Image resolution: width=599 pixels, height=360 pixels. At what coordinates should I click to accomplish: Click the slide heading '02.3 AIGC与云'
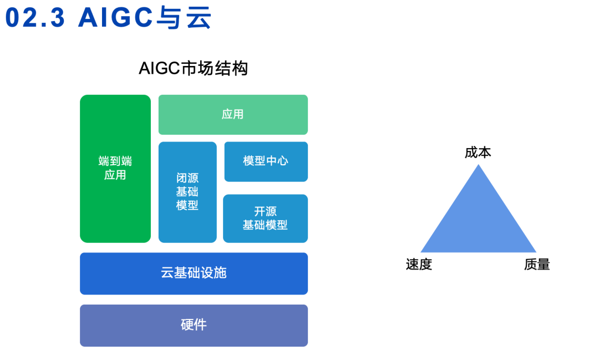coord(109,18)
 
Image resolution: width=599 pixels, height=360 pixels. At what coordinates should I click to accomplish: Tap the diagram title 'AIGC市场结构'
coord(193,69)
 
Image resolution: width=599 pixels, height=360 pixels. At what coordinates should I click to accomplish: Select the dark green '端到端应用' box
coord(115,169)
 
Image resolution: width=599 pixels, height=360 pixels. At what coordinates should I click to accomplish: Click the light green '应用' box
coord(233,115)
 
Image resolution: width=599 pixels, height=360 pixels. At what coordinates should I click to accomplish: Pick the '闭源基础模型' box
coord(187,192)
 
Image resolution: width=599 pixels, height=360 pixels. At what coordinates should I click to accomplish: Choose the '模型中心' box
coord(266,161)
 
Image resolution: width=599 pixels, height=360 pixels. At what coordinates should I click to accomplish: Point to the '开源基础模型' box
coord(265,219)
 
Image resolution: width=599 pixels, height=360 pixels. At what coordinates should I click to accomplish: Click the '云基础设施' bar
coord(194,273)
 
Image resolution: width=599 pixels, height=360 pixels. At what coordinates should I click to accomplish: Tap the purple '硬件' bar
coord(194,326)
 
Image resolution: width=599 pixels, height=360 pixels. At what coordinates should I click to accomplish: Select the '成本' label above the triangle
coord(478,153)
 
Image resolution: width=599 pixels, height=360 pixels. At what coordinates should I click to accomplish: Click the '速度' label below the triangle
coord(419,265)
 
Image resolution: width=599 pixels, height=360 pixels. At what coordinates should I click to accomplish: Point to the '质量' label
coord(537,265)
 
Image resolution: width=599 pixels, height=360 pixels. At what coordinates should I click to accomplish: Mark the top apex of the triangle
coord(478,166)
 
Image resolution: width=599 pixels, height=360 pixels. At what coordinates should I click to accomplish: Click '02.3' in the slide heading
coord(35,18)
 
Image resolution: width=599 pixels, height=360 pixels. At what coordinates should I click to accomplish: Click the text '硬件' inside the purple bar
coord(194,326)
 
